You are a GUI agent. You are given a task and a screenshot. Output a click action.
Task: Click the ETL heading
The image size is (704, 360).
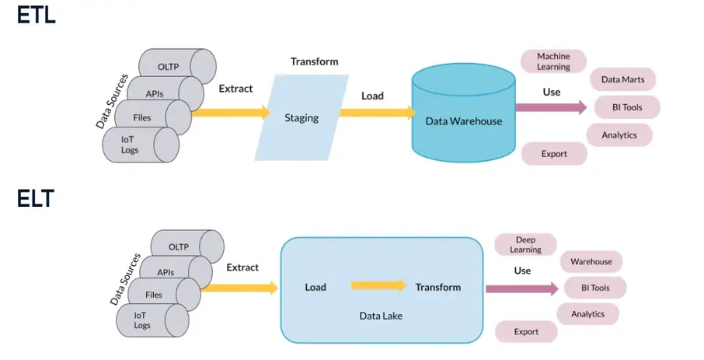click(36, 15)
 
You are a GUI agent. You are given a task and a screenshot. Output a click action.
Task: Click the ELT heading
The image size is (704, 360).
click(36, 199)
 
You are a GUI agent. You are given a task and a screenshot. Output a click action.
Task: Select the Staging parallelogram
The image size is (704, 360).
click(301, 118)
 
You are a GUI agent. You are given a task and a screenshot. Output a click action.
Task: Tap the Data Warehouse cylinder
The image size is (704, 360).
click(463, 117)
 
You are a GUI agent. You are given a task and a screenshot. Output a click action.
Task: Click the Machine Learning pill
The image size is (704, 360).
click(553, 61)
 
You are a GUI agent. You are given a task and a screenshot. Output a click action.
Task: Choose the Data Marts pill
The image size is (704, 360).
click(622, 79)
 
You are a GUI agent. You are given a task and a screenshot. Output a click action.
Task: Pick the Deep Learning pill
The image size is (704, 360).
click(525, 244)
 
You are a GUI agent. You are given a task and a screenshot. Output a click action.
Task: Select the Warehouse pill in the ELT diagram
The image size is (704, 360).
click(591, 262)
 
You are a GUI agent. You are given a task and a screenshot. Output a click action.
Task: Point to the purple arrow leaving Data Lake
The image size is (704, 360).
click(521, 288)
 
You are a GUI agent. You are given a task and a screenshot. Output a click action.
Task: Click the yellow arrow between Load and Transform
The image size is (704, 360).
click(378, 286)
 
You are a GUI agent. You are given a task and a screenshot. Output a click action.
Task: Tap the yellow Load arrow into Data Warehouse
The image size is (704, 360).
click(377, 113)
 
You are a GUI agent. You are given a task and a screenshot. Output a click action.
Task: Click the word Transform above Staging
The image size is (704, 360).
click(314, 61)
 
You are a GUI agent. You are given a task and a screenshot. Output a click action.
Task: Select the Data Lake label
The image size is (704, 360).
click(380, 316)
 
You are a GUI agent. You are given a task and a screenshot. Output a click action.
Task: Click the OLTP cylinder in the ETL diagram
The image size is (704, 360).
click(169, 67)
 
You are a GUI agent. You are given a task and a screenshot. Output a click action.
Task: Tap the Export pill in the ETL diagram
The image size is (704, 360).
click(554, 154)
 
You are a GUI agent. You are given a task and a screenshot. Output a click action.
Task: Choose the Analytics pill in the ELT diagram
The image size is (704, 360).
click(587, 314)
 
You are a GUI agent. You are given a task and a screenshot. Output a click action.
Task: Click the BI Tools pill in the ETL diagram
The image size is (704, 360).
click(627, 107)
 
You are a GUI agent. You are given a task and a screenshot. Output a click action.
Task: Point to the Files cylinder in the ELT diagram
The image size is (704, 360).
click(154, 295)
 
